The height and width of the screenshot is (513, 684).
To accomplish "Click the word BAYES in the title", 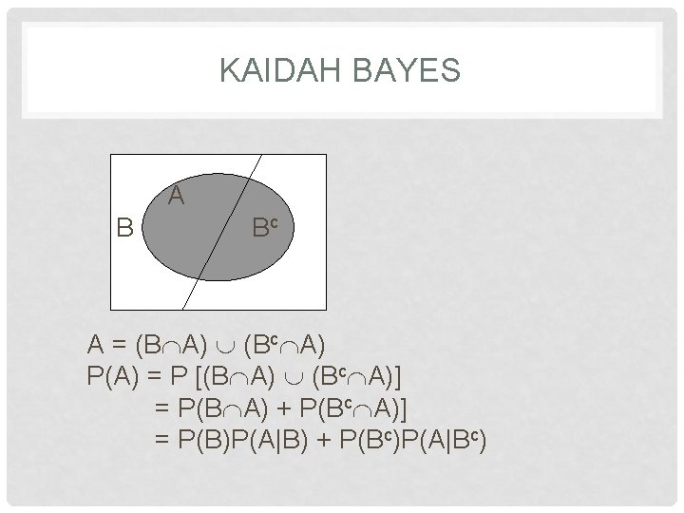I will (x=410, y=70).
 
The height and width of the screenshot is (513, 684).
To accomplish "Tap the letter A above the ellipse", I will (x=176, y=197).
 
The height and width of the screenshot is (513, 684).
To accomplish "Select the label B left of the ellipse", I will (x=124, y=228).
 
